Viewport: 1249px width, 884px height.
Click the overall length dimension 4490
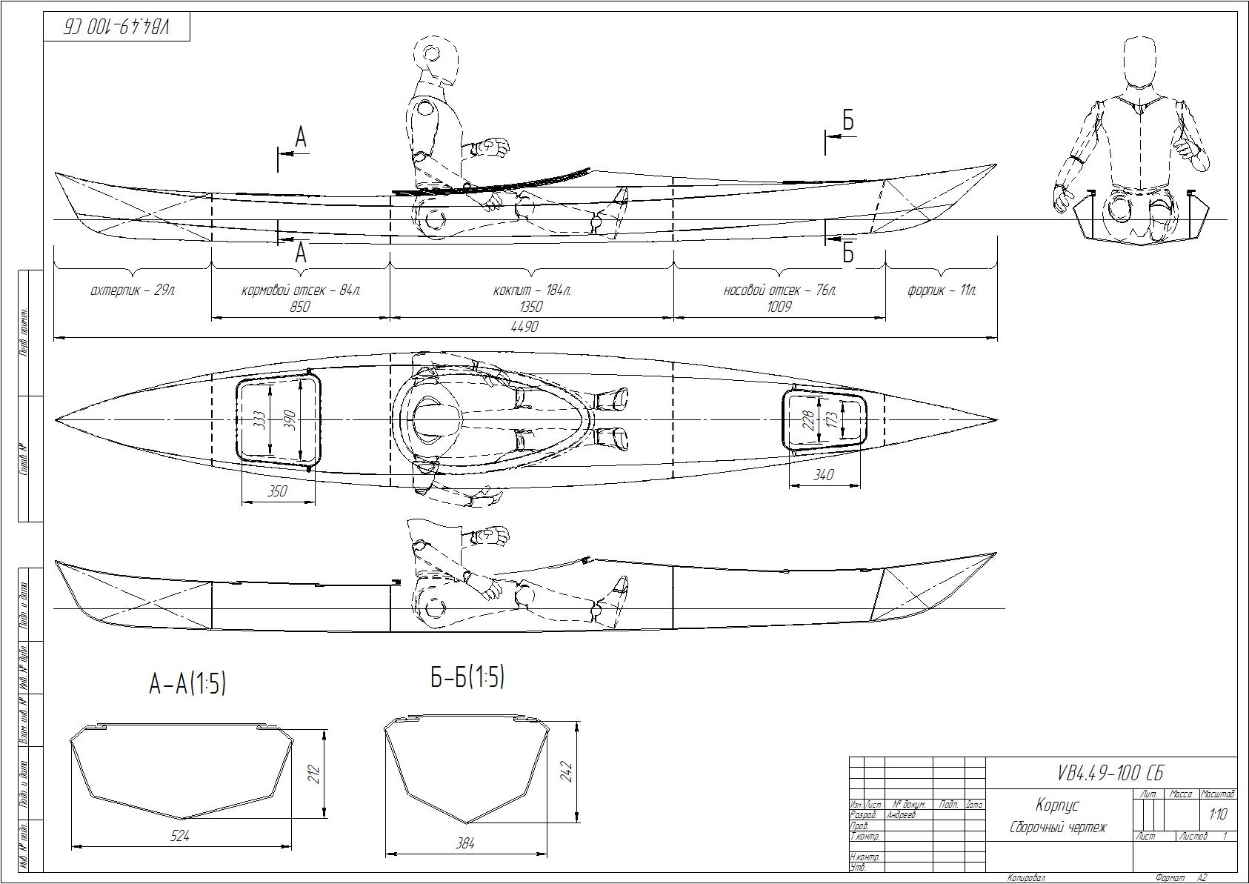[524, 326]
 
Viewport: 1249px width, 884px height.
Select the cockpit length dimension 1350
[531, 306]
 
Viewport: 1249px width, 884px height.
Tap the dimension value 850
[299, 306]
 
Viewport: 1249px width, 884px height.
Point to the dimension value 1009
[779, 306]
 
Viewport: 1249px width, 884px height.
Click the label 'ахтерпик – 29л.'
[133, 290]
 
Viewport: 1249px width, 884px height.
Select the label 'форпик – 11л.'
[942, 290]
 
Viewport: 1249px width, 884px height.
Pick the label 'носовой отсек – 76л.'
[779, 290]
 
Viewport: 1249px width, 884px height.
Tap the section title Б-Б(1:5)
[467, 677]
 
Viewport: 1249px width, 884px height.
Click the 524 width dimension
[180, 835]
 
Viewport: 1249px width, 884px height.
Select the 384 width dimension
[465, 843]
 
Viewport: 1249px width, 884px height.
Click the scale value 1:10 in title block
[1218, 814]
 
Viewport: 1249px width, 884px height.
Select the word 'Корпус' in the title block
[1057, 805]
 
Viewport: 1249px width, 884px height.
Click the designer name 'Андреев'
[901, 814]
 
